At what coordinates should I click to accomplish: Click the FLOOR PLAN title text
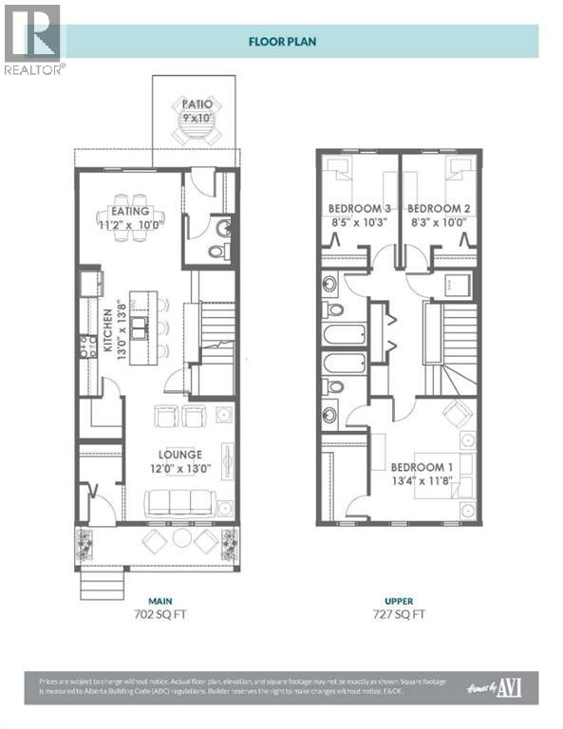pos(282,41)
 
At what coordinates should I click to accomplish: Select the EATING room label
pos(130,211)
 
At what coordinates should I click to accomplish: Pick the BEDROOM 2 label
pos(438,208)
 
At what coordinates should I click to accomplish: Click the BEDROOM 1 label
pos(422,468)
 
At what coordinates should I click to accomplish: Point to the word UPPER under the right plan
pos(399,601)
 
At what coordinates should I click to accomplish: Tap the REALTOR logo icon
pos(31,32)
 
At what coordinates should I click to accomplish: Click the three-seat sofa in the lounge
pos(178,502)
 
